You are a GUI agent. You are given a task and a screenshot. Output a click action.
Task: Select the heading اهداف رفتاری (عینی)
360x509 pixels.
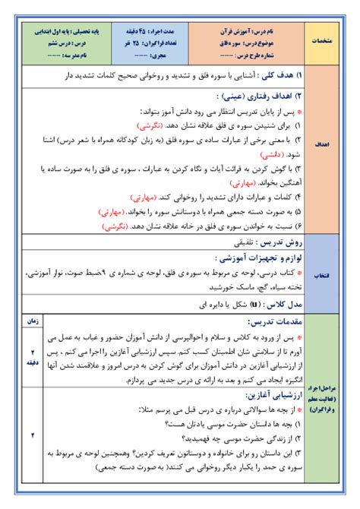click(x=258, y=96)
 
